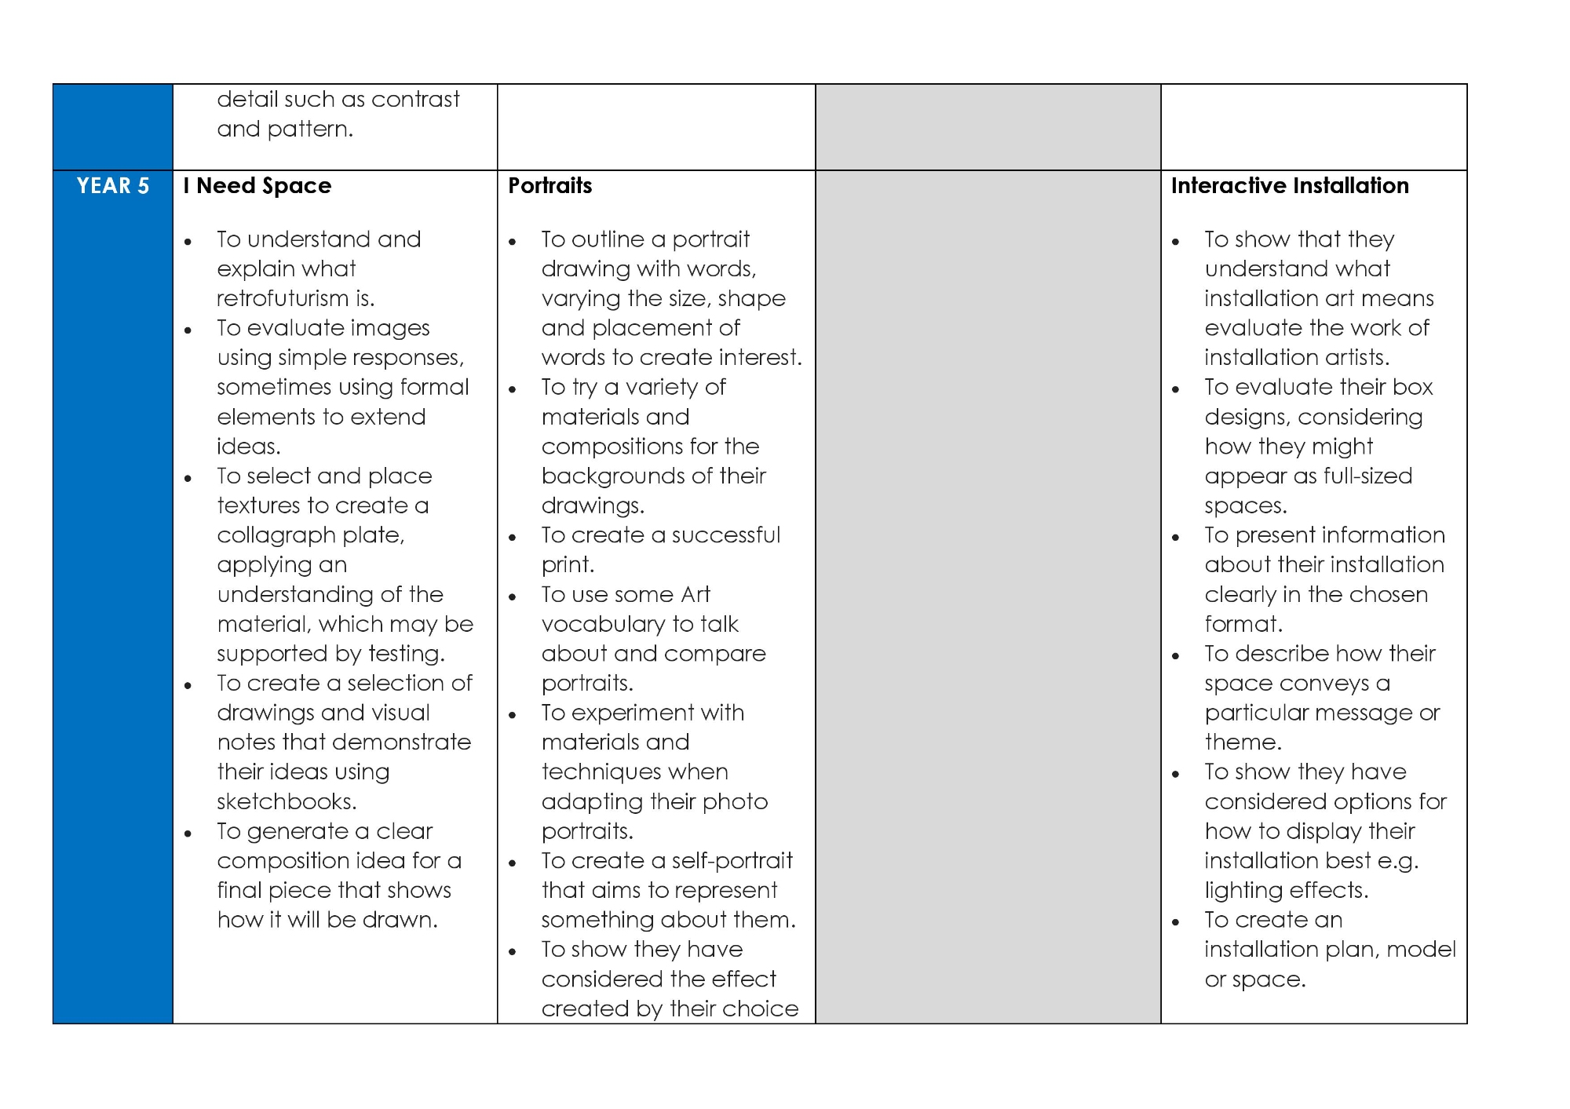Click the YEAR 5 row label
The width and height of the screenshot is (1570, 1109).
click(113, 186)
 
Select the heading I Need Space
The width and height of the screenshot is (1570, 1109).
click(257, 186)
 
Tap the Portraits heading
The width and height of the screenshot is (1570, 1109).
click(549, 186)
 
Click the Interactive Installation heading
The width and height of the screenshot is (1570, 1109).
click(1290, 186)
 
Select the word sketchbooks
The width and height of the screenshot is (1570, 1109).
click(286, 802)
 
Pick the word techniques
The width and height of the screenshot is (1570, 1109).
click(634, 772)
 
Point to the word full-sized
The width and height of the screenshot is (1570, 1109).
click(1367, 476)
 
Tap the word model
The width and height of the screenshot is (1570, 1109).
click(1421, 950)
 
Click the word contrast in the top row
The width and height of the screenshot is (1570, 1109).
click(415, 100)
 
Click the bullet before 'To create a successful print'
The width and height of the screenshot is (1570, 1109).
click(513, 538)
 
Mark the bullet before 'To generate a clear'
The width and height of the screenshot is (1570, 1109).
click(188, 834)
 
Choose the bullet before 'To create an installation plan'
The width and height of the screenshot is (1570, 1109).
click(1175, 922)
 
